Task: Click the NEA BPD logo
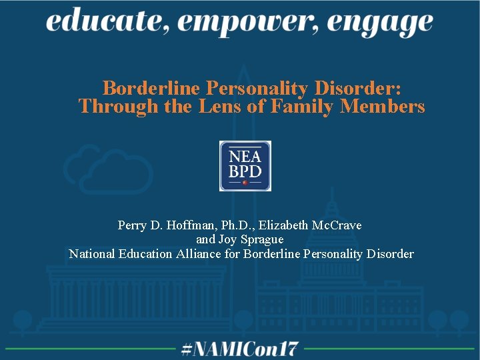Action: tap(245, 166)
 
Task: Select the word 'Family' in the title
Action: tap(301, 106)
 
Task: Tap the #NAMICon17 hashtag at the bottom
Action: tap(240, 349)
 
